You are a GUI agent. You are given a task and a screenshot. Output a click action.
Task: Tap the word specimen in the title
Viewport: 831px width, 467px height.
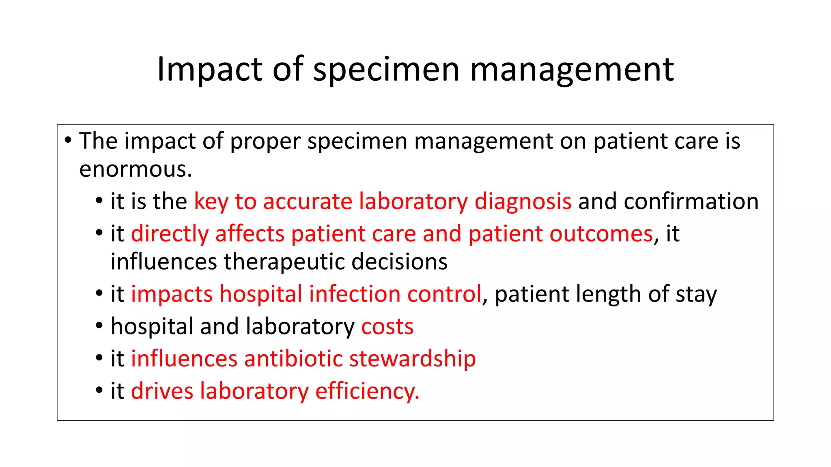pos(386,70)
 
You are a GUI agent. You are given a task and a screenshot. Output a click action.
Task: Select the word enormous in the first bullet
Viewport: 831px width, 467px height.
pos(135,169)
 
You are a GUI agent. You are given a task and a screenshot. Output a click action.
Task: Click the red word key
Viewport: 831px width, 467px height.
pos(211,201)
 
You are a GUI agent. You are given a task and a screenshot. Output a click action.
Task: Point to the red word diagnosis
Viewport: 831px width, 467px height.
pos(523,201)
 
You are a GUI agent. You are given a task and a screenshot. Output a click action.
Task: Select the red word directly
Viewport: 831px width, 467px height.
pos(170,234)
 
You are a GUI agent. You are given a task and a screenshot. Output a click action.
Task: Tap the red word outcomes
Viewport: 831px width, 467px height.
pos(601,234)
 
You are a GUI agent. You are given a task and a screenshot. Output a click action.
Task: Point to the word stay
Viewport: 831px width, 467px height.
pos(696,294)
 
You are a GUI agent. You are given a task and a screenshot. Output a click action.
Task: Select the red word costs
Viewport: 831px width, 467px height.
pos(387,327)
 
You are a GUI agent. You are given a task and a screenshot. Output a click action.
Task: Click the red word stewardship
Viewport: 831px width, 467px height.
pos(412,359)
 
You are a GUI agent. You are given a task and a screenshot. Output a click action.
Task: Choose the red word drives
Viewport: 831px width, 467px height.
pos(162,391)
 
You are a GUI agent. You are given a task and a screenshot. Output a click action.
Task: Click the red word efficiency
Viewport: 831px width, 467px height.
pos(367,391)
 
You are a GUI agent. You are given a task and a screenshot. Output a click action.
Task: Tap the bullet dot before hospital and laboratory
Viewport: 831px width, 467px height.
pos(99,326)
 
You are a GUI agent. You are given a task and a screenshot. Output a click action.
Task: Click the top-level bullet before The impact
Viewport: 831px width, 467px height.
pos(68,140)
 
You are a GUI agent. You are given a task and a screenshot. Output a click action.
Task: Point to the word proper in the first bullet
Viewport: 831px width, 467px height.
pos(265,141)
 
